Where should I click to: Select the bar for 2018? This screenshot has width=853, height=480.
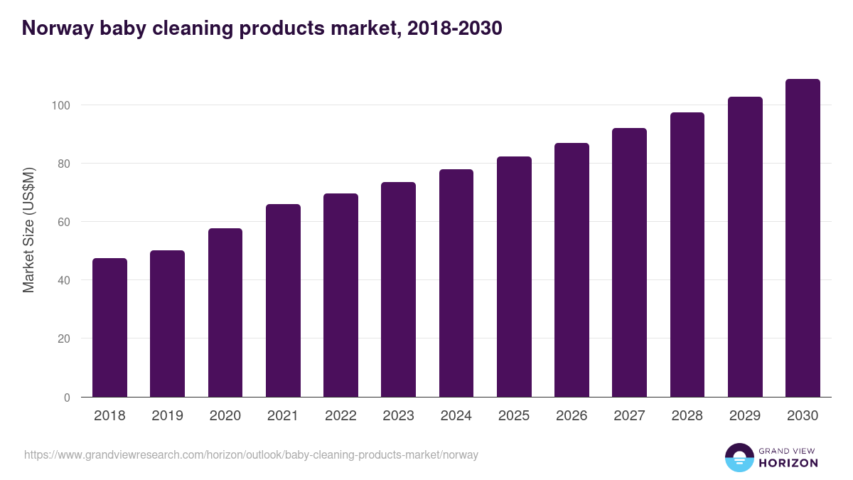(109, 328)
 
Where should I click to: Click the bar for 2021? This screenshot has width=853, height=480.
(283, 301)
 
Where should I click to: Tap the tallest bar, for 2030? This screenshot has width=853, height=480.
(803, 238)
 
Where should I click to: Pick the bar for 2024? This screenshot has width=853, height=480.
(456, 283)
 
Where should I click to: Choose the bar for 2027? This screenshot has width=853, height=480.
(629, 262)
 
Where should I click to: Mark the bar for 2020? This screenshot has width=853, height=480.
(225, 313)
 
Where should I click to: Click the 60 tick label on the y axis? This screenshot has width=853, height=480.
(63, 222)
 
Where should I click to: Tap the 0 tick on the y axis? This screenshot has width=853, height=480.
(67, 398)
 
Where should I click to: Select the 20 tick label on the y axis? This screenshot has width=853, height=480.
(63, 338)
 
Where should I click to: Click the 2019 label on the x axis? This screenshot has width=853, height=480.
(167, 416)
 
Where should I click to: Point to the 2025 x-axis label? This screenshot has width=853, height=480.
(514, 416)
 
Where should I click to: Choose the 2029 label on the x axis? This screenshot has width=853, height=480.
(745, 416)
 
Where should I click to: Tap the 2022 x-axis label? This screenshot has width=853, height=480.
(340, 416)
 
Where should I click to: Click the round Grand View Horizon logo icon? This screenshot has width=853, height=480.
(739, 457)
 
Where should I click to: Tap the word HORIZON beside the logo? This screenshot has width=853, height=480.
(788, 463)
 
